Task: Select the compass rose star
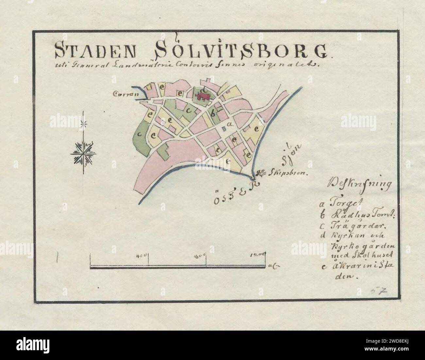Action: [x=83, y=152]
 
